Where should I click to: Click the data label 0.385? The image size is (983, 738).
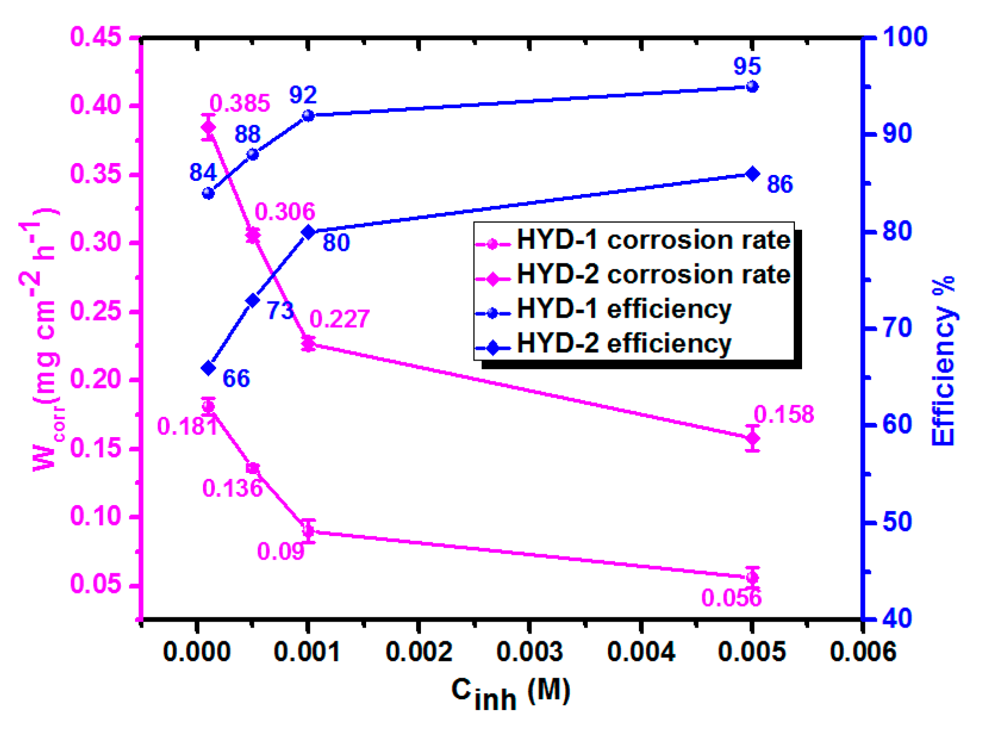(239, 103)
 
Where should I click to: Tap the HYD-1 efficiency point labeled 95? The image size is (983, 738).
(752, 87)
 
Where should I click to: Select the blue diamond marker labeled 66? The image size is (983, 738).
(208, 368)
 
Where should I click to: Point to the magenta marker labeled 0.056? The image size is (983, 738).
(752, 577)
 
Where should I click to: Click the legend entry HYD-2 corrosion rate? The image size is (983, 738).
(653, 275)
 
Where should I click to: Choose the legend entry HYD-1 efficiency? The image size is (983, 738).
(623, 309)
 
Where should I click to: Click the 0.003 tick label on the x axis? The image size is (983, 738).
(530, 651)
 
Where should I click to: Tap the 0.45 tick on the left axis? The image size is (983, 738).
(96, 37)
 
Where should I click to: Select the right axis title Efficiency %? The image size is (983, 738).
(944, 361)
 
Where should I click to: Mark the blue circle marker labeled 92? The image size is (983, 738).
(308, 116)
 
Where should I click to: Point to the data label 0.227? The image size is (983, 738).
(339, 319)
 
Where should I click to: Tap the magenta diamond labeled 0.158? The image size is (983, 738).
(752, 439)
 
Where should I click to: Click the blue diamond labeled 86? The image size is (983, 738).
(752, 174)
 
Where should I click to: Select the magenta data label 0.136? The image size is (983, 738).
(232, 488)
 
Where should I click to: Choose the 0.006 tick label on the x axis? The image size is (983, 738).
(863, 651)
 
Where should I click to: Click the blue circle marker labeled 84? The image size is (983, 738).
(208, 193)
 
